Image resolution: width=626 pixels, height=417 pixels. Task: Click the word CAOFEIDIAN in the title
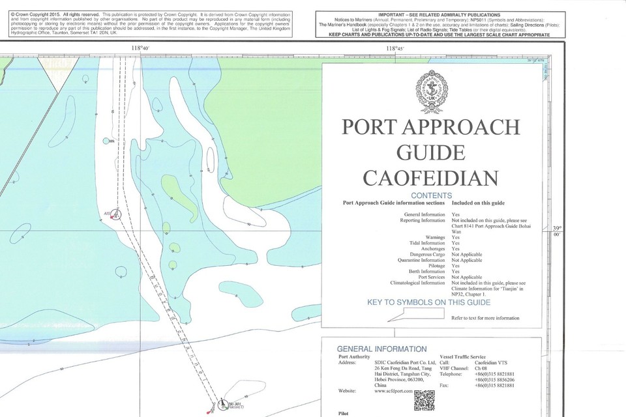point(430,177)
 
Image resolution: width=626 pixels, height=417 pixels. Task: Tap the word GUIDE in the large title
point(430,152)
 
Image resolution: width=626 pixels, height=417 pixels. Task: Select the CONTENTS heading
point(431,195)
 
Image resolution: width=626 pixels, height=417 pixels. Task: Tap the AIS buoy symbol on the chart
point(115,214)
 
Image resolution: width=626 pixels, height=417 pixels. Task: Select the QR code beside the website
point(424,399)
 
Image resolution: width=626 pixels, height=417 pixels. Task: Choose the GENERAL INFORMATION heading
point(381,349)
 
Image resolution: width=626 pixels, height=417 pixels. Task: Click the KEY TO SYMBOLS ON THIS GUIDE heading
point(428,303)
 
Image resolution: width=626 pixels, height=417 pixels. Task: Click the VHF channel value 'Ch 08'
point(481,368)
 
